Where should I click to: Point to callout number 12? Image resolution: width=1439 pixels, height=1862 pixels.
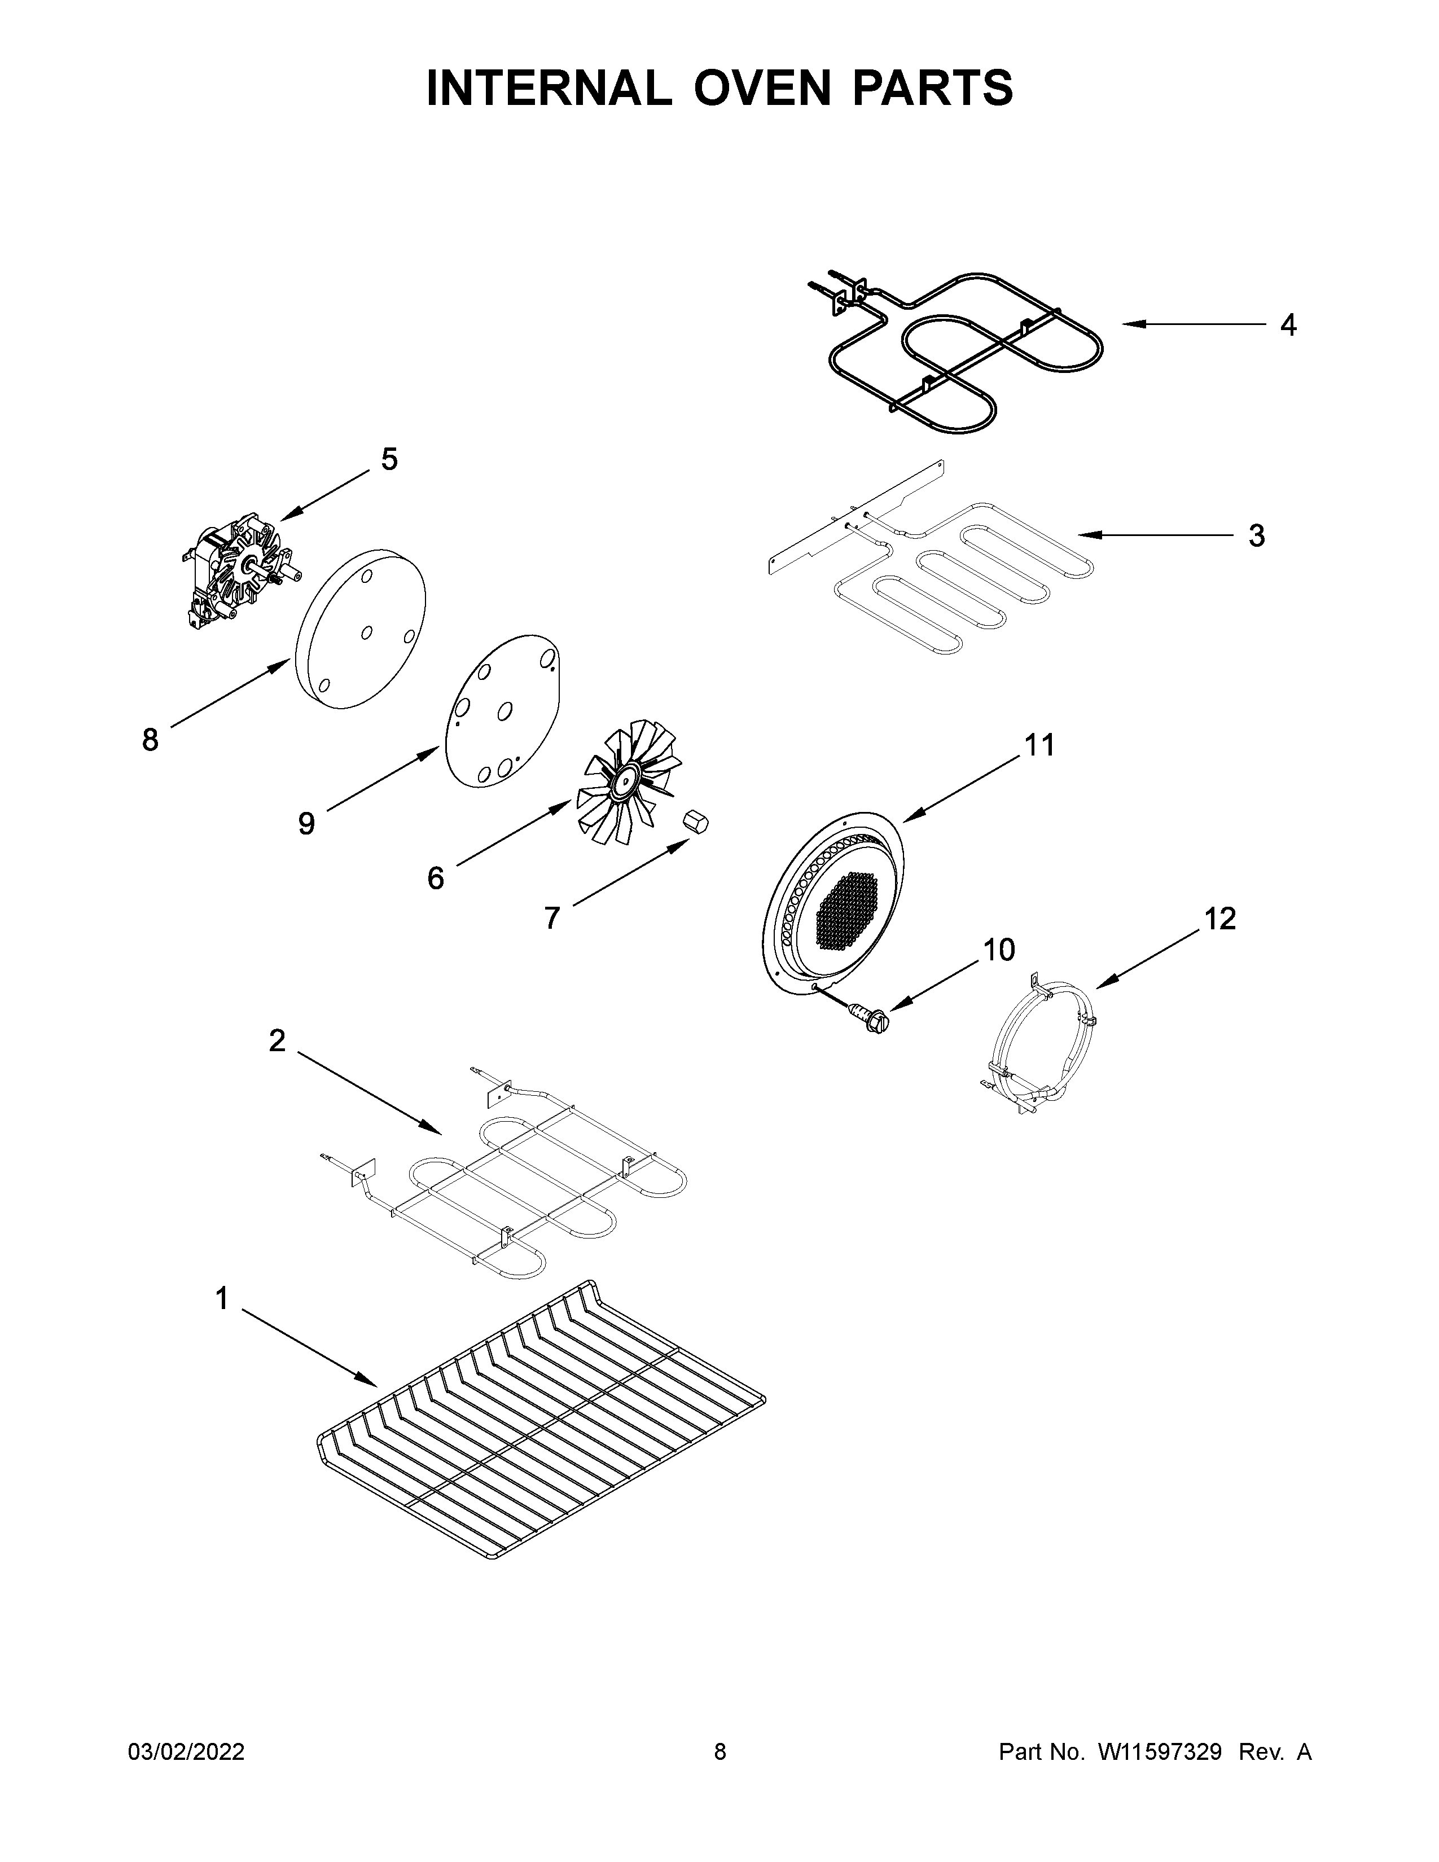click(x=1220, y=918)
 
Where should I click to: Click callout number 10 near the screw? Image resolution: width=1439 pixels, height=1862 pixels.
click(x=999, y=949)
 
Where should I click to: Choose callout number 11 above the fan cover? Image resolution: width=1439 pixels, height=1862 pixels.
click(x=1039, y=745)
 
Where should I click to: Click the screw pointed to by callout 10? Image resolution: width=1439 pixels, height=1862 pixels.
click(x=870, y=1017)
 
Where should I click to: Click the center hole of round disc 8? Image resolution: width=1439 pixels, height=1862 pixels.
click(x=367, y=632)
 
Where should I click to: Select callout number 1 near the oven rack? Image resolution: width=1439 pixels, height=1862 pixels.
click(x=222, y=1298)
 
